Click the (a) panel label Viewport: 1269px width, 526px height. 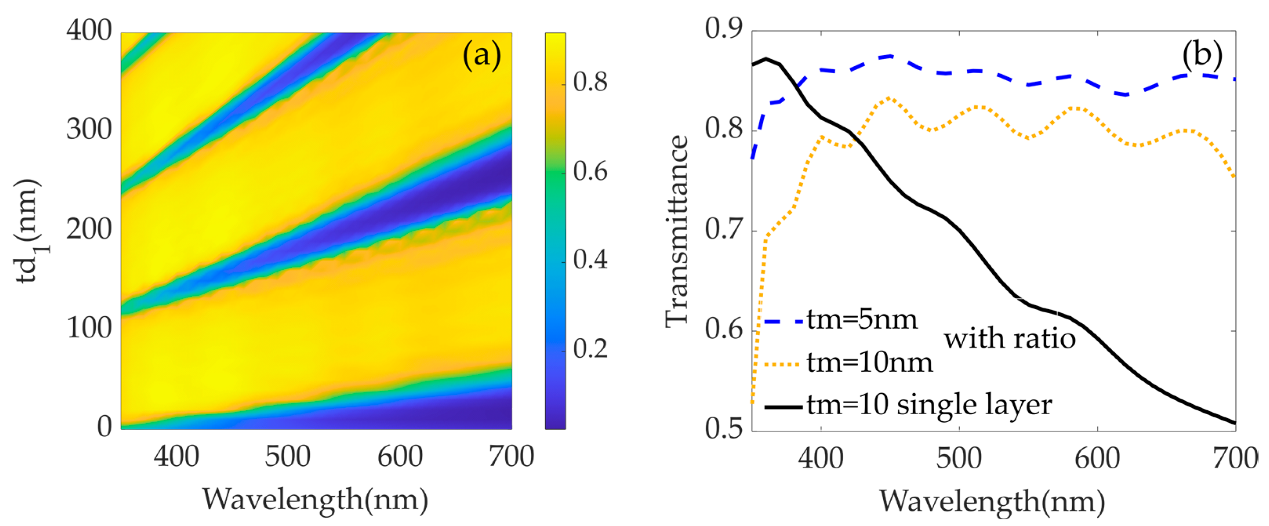point(481,55)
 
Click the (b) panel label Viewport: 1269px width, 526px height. point(1202,54)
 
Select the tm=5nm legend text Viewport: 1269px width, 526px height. point(862,320)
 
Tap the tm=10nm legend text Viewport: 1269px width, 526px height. point(870,363)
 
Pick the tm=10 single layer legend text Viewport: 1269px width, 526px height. point(929,405)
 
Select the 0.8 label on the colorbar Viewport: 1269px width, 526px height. point(590,82)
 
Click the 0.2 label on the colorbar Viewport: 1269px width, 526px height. point(590,349)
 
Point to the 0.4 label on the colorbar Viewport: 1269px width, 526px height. point(590,259)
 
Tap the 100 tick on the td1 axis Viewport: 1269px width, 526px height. point(89,328)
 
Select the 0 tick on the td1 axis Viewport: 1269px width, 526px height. point(104,426)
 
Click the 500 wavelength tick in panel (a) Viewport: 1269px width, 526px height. point(287,457)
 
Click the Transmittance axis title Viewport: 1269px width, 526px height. point(676,232)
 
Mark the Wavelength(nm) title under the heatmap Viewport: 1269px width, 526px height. point(315,500)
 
